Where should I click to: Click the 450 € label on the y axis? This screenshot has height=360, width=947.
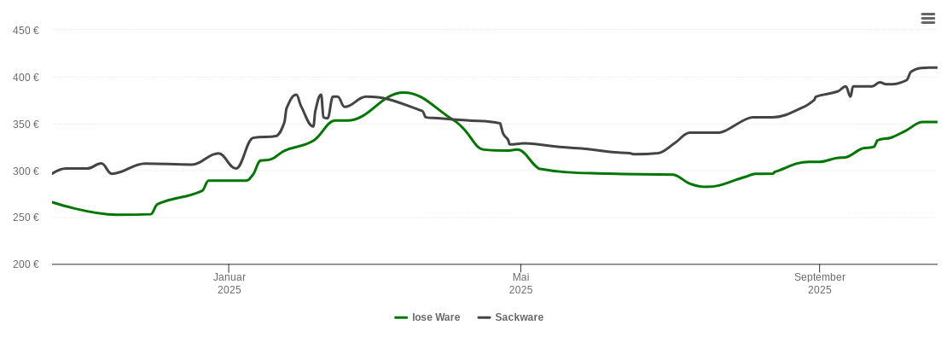click(x=26, y=31)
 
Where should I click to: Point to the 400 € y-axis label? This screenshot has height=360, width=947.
click(x=26, y=78)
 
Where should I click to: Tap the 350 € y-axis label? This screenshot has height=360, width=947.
click(x=26, y=125)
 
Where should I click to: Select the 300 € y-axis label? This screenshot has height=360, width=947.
click(x=26, y=171)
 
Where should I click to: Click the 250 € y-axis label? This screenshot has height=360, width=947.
click(x=26, y=218)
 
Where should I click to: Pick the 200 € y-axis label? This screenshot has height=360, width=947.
click(x=26, y=264)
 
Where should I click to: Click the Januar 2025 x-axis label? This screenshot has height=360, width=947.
click(x=229, y=283)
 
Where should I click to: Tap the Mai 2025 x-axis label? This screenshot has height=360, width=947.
click(x=521, y=283)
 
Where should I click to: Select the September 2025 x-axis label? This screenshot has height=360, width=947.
click(x=820, y=283)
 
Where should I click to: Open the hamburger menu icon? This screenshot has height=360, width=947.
click(x=928, y=18)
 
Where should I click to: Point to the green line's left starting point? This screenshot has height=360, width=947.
click(x=53, y=202)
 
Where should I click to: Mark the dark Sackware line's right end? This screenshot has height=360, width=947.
click(x=937, y=67)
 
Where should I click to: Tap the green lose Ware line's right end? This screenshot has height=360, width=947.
click(x=937, y=122)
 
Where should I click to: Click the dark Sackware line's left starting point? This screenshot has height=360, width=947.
click(x=53, y=173)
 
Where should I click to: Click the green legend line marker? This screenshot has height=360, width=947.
click(x=401, y=317)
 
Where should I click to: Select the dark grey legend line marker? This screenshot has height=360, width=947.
click(x=485, y=317)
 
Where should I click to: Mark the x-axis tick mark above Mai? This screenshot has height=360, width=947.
click(x=521, y=268)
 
